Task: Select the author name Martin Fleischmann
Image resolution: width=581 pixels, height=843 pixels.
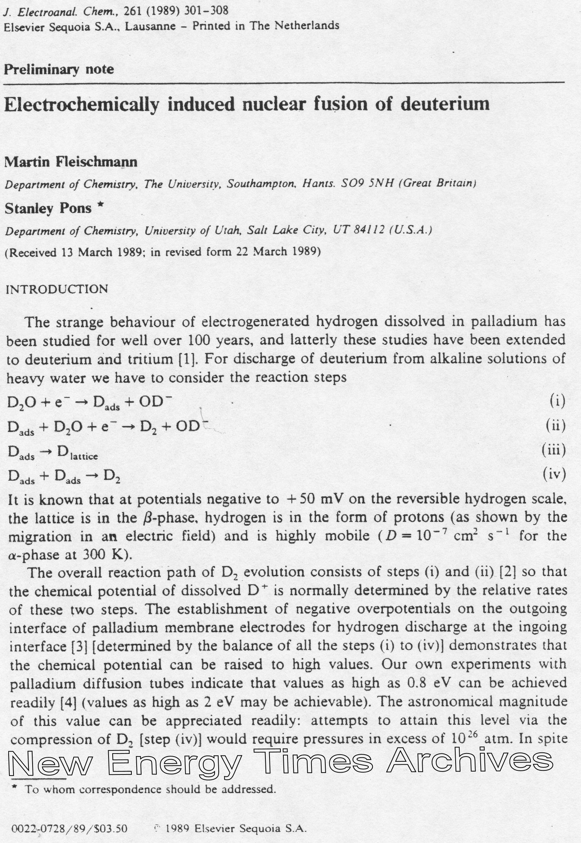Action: point(71,162)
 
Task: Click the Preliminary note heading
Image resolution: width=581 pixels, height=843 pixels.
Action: point(59,70)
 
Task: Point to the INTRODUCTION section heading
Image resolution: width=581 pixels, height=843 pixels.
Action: point(57,289)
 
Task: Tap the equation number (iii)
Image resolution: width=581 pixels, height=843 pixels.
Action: point(554,450)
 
